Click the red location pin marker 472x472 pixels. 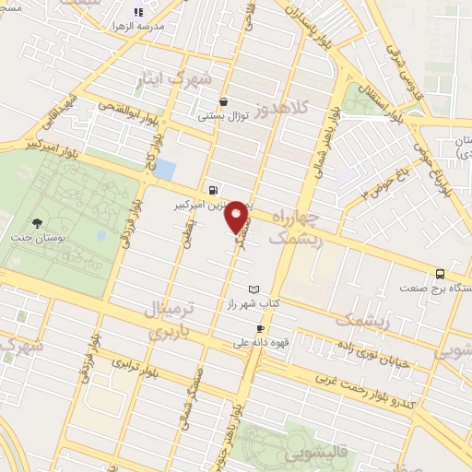237,216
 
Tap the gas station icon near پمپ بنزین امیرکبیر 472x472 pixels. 214,191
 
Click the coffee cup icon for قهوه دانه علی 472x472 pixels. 261,329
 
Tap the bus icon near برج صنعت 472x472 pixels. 441,274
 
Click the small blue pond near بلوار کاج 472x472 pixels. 165,170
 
